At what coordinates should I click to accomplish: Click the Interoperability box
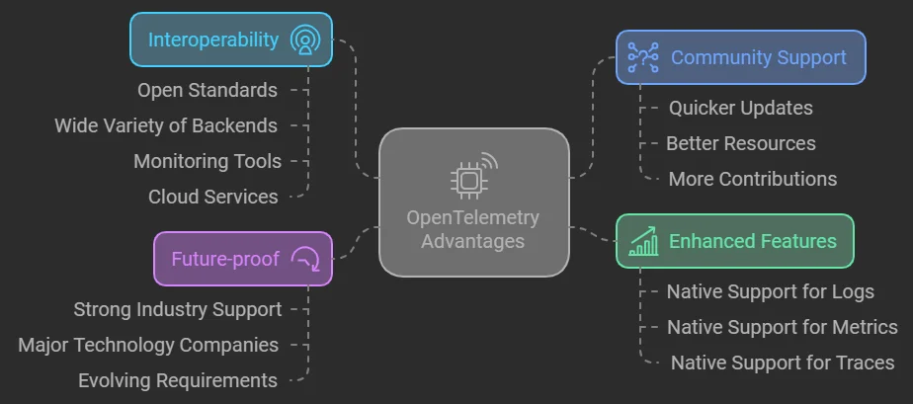click(230, 40)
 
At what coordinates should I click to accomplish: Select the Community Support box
click(740, 57)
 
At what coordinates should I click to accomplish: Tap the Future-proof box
click(242, 259)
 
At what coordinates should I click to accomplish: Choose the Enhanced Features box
click(734, 241)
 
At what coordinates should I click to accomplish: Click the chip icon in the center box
click(469, 179)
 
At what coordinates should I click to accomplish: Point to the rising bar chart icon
click(644, 242)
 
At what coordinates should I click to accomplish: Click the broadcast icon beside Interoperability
click(305, 40)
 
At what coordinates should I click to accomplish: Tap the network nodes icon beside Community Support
click(643, 57)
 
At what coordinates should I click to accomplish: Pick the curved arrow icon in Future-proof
click(306, 259)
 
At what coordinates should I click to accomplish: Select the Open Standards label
click(207, 90)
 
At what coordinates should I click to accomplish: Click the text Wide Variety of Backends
click(166, 125)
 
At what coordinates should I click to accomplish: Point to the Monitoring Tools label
click(207, 161)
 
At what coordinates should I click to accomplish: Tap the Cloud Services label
click(213, 197)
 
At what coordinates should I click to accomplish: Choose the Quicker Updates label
click(741, 108)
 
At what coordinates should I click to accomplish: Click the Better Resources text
click(741, 143)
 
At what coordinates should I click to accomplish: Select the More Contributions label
click(753, 179)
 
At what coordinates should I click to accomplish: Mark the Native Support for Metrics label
click(783, 327)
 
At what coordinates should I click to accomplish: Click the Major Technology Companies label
click(148, 345)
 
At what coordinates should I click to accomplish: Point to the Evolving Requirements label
click(178, 380)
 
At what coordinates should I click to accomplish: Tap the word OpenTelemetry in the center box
click(473, 217)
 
